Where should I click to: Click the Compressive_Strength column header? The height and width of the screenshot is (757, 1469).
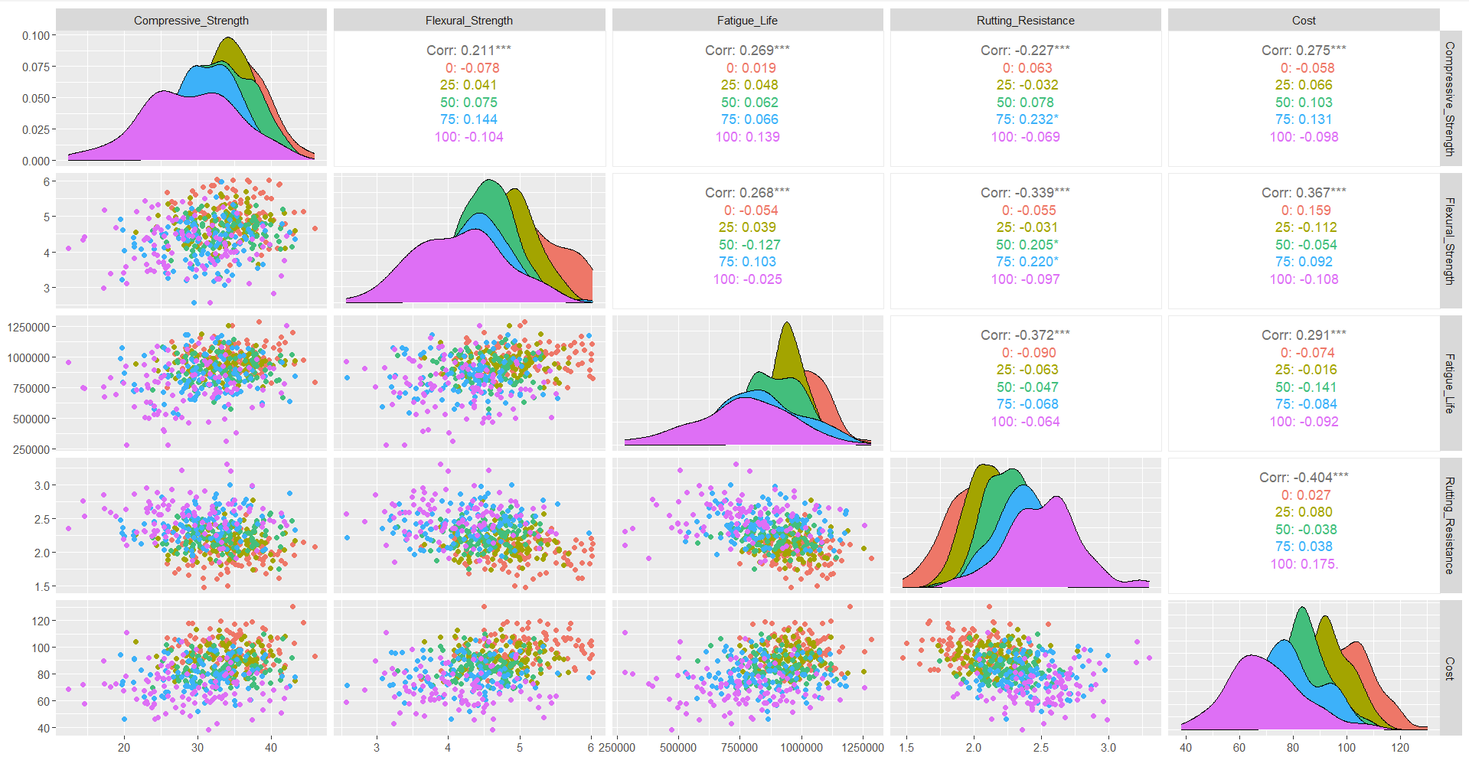pyautogui.click(x=191, y=21)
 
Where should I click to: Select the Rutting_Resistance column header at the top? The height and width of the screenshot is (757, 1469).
pyautogui.click(x=1025, y=21)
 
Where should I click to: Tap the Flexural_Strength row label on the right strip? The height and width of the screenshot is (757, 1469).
pyautogui.click(x=1449, y=241)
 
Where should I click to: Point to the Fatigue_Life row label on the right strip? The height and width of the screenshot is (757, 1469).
pyautogui.click(x=1449, y=383)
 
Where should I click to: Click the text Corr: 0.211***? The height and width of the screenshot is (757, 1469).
pyautogui.click(x=468, y=51)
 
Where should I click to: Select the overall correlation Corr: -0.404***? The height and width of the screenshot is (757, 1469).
pyautogui.click(x=1304, y=478)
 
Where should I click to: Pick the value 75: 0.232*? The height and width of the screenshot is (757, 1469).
pyautogui.click(x=1027, y=119)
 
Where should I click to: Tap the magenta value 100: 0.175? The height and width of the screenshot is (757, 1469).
pyautogui.click(x=1304, y=564)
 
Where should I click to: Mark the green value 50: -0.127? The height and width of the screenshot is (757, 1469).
pyautogui.click(x=749, y=245)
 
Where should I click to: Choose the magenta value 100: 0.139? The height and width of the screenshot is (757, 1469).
pyautogui.click(x=747, y=137)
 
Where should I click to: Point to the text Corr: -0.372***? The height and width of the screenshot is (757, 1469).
pyautogui.click(x=1025, y=335)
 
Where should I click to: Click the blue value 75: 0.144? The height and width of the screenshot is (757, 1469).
pyautogui.click(x=468, y=119)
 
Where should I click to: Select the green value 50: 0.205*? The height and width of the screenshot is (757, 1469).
pyautogui.click(x=1027, y=245)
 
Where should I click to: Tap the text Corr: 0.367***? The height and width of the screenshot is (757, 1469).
pyautogui.click(x=1304, y=193)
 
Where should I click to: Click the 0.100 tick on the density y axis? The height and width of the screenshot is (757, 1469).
pyautogui.click(x=35, y=36)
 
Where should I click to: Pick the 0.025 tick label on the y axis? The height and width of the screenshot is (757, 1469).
pyautogui.click(x=35, y=129)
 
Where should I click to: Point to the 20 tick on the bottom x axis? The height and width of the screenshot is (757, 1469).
pyautogui.click(x=124, y=747)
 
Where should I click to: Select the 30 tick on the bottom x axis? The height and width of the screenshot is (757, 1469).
pyautogui.click(x=197, y=747)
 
